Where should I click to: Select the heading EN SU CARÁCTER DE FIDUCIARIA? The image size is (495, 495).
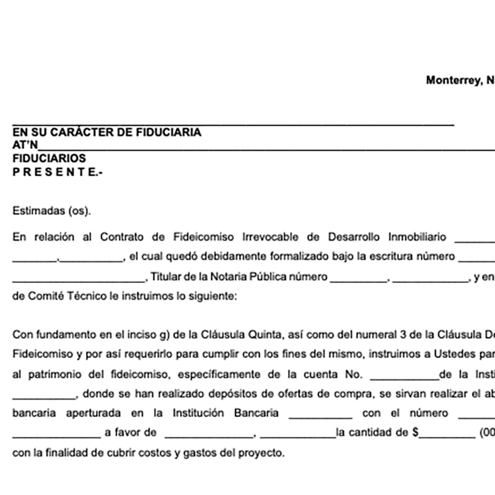[106, 132]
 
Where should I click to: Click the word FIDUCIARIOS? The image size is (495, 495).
[49, 158]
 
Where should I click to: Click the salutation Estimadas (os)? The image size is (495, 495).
[51, 210]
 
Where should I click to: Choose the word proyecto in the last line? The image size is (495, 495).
[262, 452]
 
